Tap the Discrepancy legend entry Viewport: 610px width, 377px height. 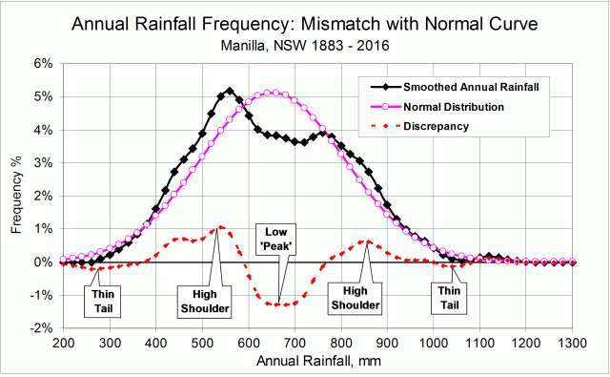437,125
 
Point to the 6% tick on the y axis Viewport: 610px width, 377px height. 44,64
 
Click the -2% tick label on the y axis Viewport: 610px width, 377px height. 42,327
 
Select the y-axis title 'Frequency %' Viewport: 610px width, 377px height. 16,196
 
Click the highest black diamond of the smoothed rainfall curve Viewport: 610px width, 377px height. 230,91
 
